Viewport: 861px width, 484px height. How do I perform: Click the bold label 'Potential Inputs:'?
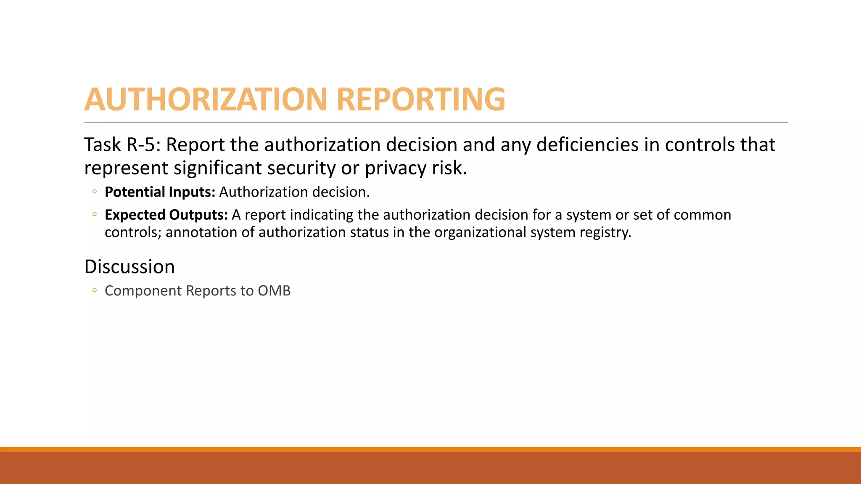click(x=160, y=192)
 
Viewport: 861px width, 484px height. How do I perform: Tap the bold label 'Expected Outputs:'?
click(x=166, y=215)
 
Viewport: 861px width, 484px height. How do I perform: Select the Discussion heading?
click(x=129, y=267)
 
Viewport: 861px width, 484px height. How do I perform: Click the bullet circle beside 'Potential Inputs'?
click(x=95, y=192)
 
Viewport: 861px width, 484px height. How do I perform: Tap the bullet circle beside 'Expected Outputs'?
click(x=95, y=215)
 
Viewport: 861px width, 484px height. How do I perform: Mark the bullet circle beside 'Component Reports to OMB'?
click(x=95, y=290)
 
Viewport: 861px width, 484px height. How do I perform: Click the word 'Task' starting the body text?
click(x=102, y=145)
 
